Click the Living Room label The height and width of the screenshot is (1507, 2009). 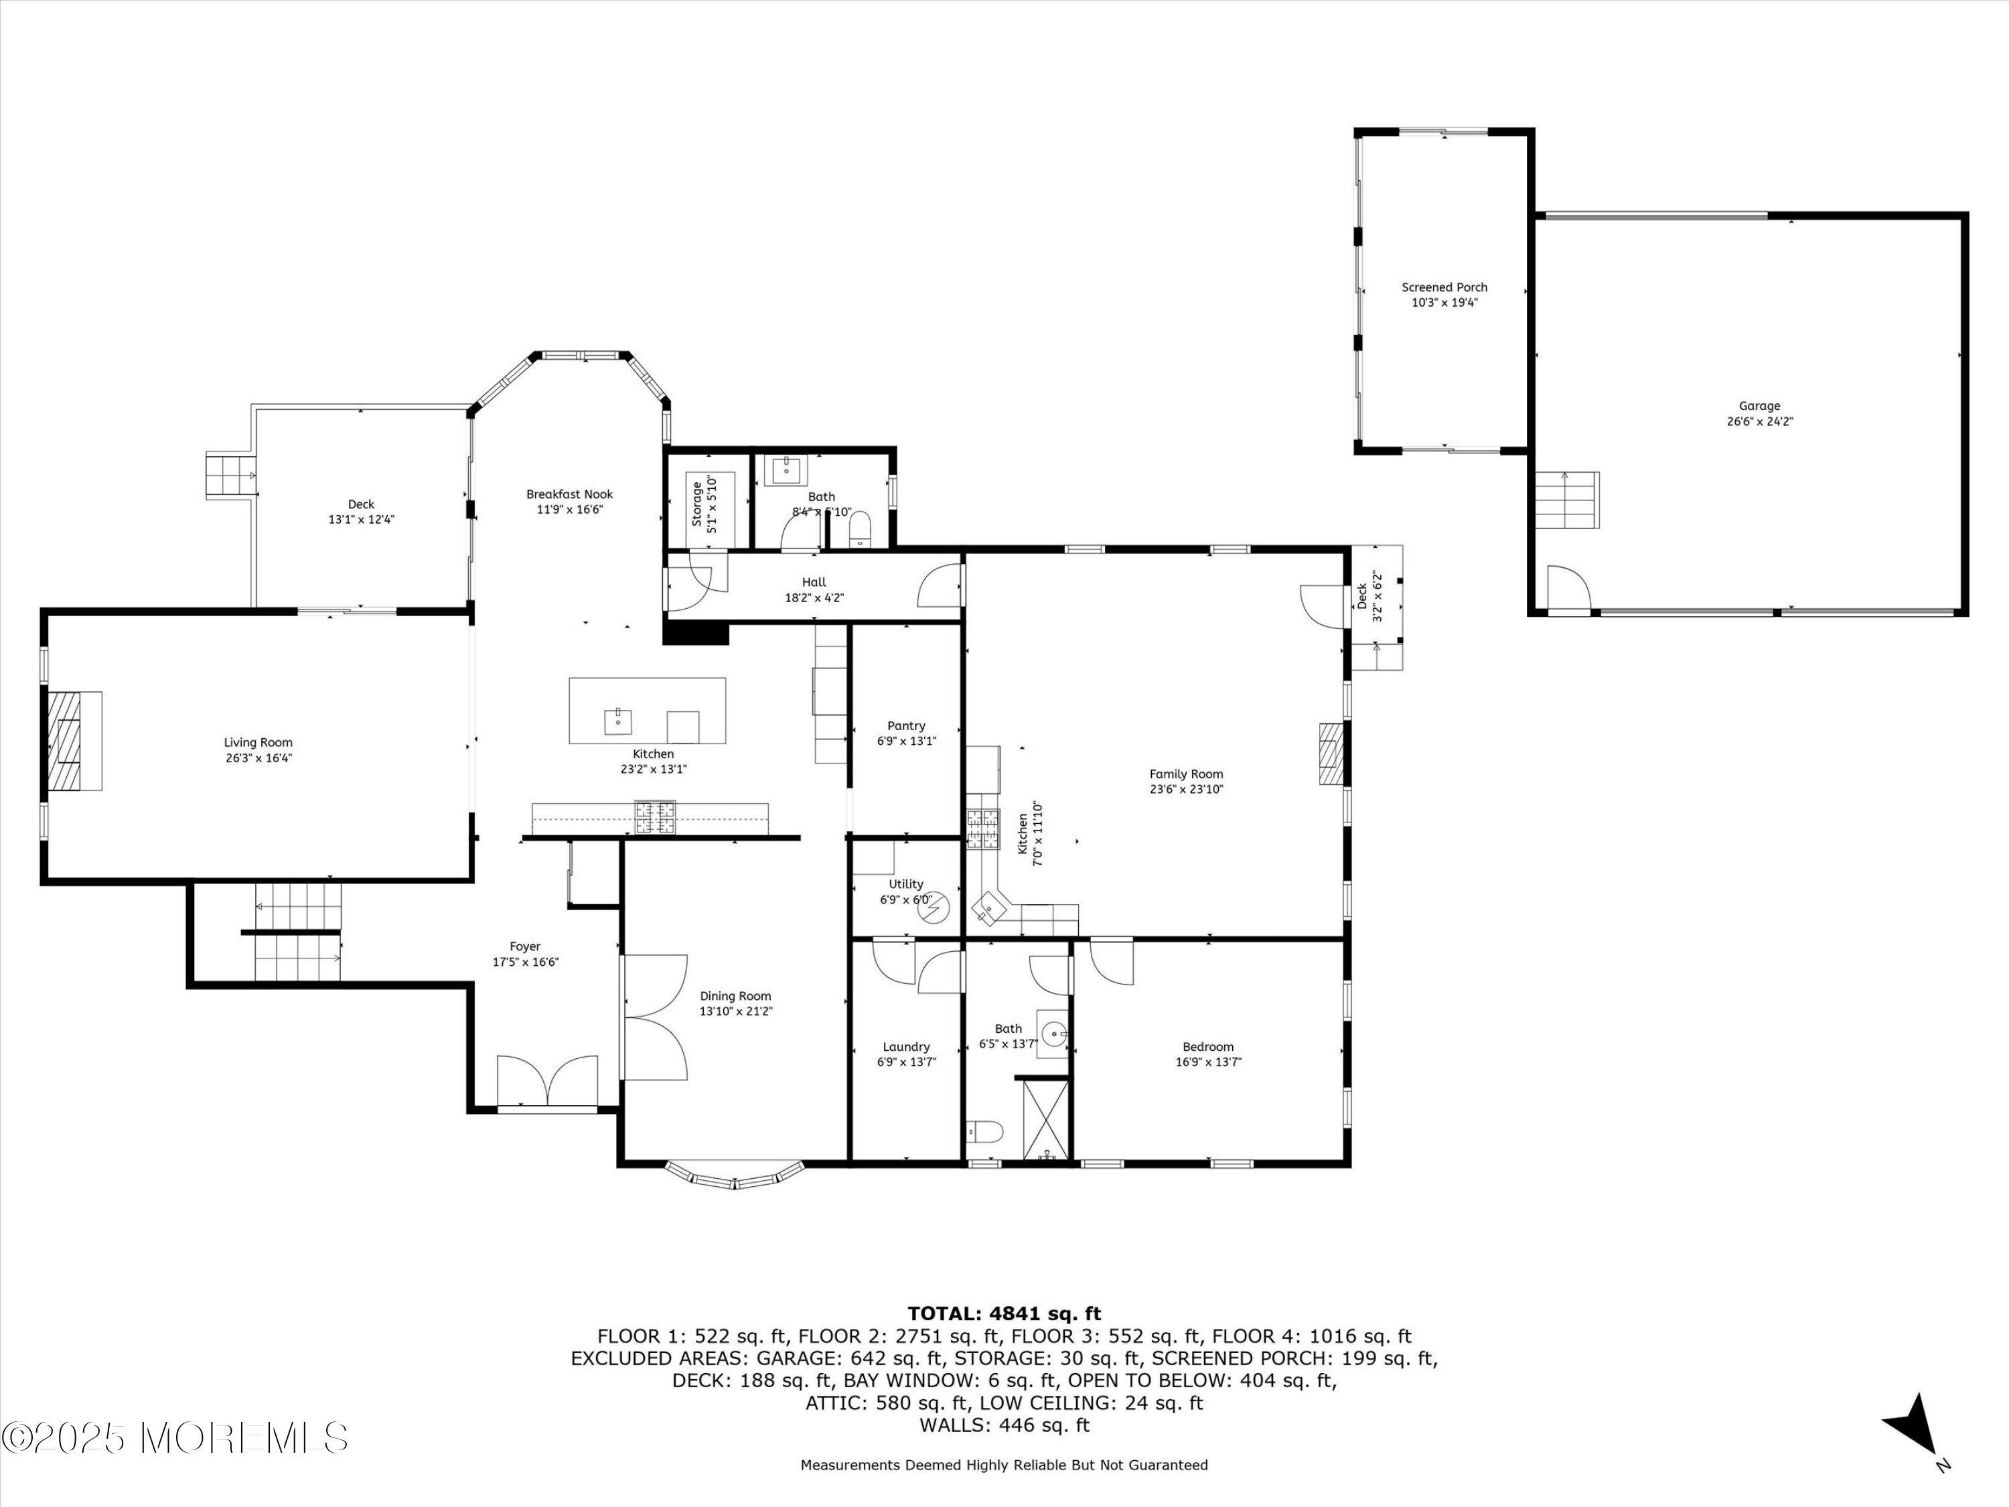259,742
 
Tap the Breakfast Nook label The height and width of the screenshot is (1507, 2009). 569,494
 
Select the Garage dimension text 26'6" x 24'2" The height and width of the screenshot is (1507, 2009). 1760,421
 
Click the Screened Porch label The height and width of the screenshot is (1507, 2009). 1445,287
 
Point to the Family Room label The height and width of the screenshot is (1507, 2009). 1186,774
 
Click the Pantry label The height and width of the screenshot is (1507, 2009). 907,726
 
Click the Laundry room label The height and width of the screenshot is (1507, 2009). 907,1046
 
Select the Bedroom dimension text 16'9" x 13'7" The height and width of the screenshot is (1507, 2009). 1208,1062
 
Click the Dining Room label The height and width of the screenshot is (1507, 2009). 736,995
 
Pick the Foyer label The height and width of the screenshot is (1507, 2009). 525,946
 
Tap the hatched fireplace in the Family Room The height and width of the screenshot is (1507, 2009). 1331,753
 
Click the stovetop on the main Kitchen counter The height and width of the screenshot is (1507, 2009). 655,816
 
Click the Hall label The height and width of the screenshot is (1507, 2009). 815,582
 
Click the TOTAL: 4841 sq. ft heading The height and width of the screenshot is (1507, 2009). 1004,1313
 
